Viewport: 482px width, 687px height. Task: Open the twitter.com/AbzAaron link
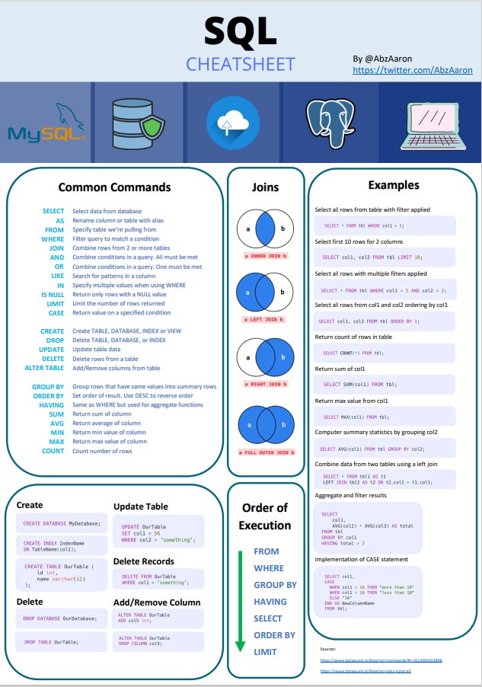pyautogui.click(x=412, y=70)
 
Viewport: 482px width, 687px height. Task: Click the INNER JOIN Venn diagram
pyautogui.click(x=266, y=228)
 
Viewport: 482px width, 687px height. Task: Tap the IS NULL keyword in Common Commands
pyautogui.click(x=53, y=293)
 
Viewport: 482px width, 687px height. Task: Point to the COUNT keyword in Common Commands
pyautogui.click(x=53, y=452)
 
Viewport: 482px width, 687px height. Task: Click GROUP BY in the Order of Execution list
pyautogui.click(x=275, y=585)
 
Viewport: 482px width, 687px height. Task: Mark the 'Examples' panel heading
pyautogui.click(x=393, y=185)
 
